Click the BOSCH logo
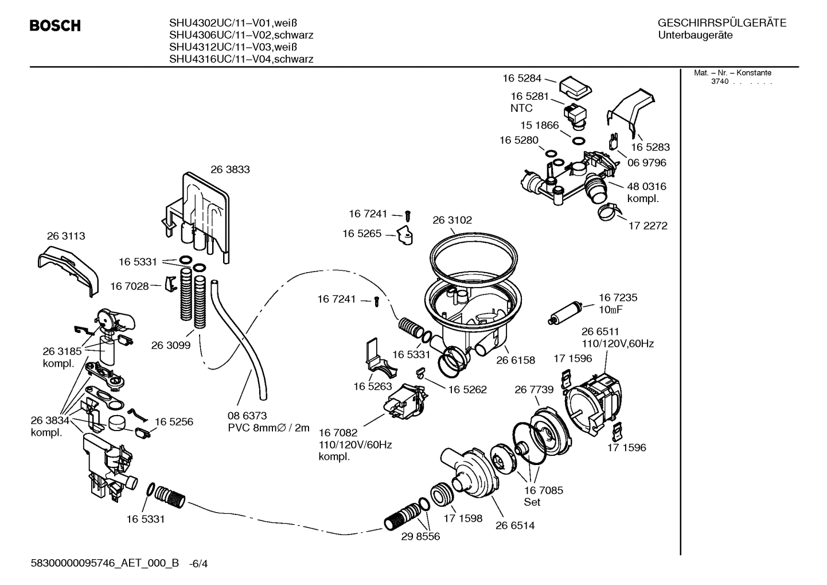(x=55, y=26)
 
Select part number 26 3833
(x=230, y=169)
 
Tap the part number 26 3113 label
(x=66, y=236)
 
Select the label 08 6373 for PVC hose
(x=247, y=416)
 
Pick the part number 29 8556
(x=420, y=536)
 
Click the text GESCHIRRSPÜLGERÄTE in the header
(x=721, y=24)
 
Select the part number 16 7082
(x=338, y=432)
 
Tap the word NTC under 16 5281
(x=521, y=108)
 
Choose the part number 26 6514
(x=515, y=525)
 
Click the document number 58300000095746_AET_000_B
(x=105, y=564)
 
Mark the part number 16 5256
(x=174, y=421)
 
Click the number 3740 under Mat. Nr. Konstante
(x=719, y=82)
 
